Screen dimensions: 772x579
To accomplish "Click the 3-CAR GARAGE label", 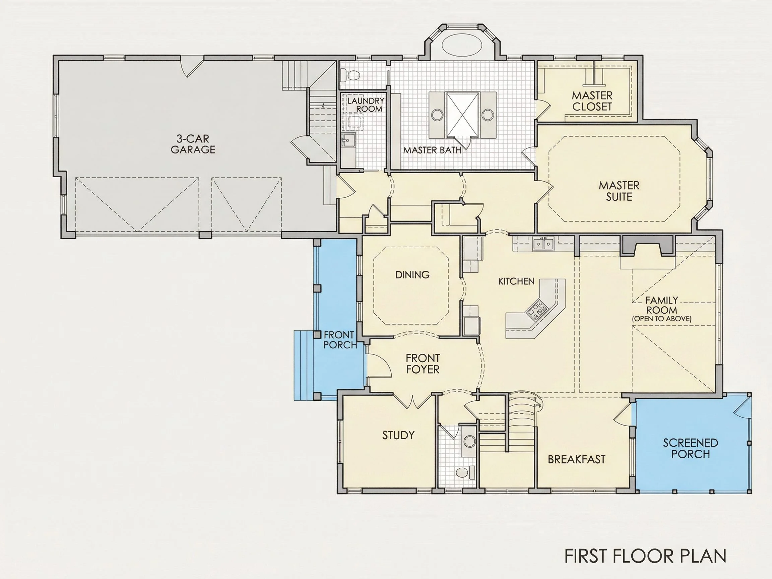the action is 193,144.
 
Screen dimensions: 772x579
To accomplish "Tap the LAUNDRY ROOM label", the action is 366,105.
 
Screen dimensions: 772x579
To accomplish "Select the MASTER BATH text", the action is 433,150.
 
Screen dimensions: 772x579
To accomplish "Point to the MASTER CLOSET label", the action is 592,101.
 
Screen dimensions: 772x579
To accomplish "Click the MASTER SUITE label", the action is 619,191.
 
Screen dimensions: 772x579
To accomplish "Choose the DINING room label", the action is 412,275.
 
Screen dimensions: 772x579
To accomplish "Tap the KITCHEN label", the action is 516,281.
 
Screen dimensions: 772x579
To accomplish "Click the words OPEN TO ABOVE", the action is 662,319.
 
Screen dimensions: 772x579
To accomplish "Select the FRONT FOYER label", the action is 423,364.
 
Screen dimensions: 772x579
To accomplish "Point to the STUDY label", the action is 398,435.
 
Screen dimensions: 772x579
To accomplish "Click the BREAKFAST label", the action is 577,459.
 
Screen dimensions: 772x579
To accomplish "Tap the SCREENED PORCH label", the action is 690,448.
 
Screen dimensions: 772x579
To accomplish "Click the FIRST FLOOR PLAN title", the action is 645,556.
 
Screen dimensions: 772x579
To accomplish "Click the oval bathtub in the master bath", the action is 462,45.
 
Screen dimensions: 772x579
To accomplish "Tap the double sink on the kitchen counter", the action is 543,243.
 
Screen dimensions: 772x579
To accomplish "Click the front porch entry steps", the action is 304,365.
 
